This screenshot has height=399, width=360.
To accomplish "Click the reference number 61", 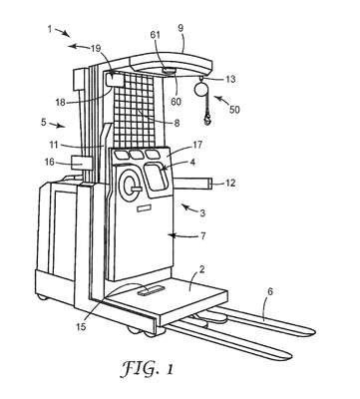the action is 156,35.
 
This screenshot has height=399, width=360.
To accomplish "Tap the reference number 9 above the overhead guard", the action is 180,28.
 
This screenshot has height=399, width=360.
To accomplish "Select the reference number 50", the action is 234,110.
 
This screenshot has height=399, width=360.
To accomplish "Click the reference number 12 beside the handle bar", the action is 230,183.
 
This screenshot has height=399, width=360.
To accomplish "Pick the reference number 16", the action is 50,162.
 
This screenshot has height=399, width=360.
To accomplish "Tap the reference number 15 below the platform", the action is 81,327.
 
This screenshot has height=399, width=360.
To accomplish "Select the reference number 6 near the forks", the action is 270,292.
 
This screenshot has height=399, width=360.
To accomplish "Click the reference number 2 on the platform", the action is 201,270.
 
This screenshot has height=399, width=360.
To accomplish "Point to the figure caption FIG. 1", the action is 147,369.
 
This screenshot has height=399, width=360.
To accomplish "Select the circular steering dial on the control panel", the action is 131,186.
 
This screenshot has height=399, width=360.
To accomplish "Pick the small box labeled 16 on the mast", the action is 82,163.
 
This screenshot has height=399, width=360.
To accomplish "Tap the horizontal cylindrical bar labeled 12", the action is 193,184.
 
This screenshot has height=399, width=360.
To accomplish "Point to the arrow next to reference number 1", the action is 63,32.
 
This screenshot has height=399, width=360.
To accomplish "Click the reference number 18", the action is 61,103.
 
